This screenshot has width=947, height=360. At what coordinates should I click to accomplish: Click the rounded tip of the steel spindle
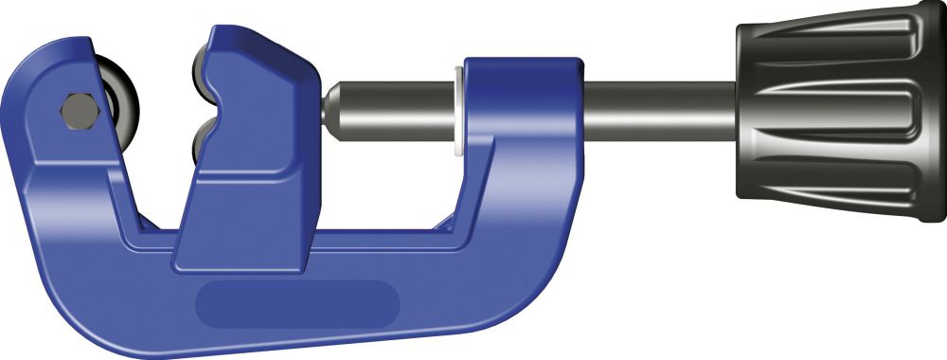coord(333,106)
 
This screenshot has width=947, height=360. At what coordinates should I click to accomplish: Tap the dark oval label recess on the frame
coord(296,303)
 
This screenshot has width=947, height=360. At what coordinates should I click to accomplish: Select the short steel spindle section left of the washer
coord(398,107)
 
